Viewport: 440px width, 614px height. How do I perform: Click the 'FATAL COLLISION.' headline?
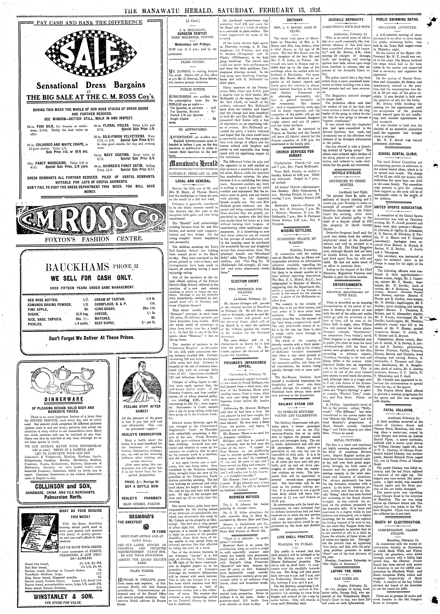point(397,410)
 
